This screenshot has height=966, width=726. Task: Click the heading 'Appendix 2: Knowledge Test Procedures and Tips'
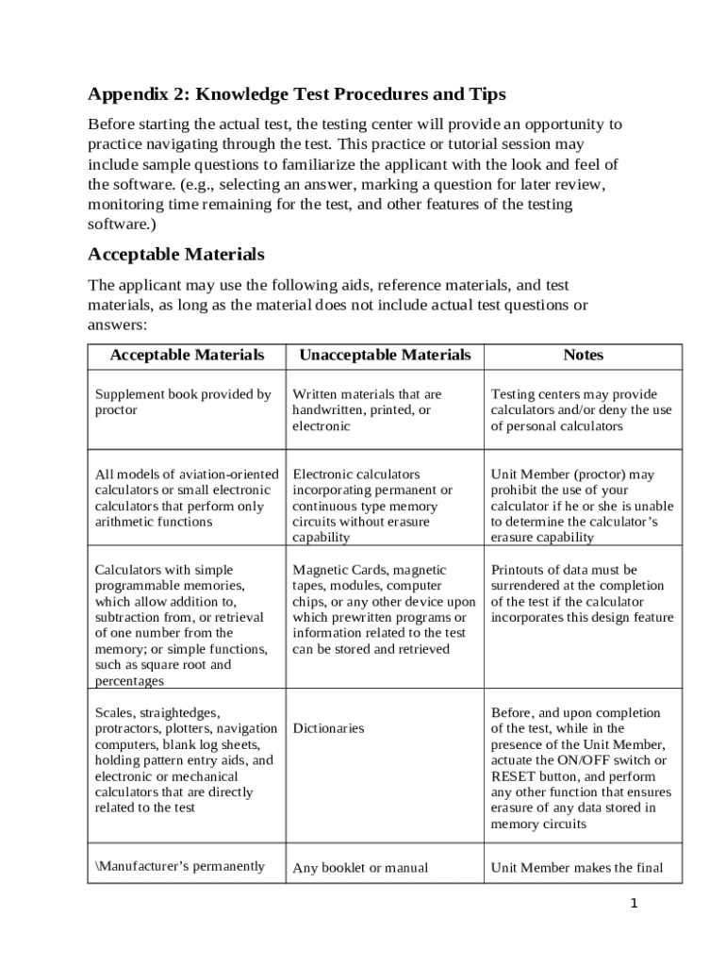[x=296, y=94]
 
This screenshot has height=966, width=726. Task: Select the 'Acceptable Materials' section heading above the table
[x=175, y=255]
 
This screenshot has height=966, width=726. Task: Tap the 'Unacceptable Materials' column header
[x=384, y=356]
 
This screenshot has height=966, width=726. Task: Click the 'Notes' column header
[x=583, y=356]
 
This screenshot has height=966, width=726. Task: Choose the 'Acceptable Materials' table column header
[x=187, y=356]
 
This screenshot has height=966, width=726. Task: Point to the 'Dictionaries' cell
[x=328, y=729]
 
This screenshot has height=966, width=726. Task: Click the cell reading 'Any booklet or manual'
[x=360, y=868]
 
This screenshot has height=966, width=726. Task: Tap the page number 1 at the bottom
[x=634, y=904]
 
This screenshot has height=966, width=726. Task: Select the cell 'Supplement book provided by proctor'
[x=183, y=402]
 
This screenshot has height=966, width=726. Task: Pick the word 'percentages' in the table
[x=130, y=681]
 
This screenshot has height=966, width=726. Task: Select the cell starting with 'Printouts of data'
[x=582, y=593]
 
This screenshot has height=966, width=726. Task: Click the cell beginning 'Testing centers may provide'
[x=581, y=409]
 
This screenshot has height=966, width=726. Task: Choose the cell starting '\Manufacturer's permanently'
[x=179, y=866]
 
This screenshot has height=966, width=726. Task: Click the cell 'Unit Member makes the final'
[x=577, y=868]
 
